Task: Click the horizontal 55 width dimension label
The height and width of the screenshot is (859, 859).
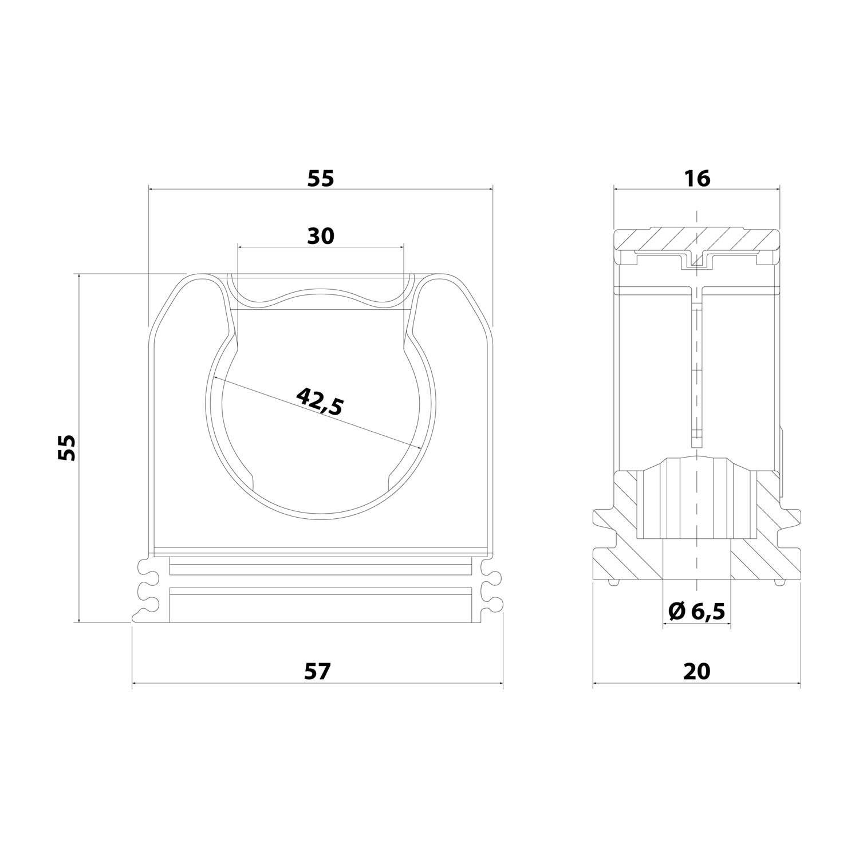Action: pos(321,179)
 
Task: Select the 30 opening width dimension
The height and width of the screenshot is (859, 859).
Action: pos(321,235)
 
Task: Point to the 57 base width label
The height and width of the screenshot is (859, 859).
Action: pos(318,671)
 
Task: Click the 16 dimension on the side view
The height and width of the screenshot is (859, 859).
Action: pos(697,179)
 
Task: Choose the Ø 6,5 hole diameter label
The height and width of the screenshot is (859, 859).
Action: pos(697,612)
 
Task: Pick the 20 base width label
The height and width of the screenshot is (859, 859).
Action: pos(697,671)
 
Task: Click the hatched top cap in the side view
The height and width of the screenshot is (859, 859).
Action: pos(697,240)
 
